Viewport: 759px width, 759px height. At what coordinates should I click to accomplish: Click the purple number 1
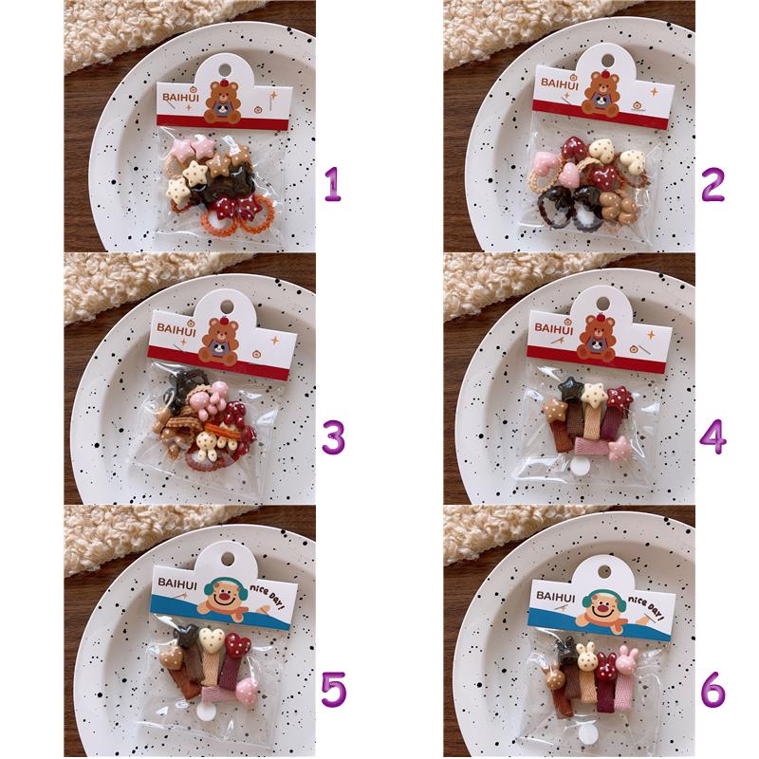coord(334,184)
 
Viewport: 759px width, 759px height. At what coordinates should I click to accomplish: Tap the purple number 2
coord(713,184)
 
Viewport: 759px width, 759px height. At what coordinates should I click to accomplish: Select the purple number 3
coord(334,437)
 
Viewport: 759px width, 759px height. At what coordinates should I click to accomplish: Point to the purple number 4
coord(713,437)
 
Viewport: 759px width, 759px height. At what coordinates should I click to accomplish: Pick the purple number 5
coord(334,689)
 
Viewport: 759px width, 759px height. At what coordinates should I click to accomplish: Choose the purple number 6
coord(713,689)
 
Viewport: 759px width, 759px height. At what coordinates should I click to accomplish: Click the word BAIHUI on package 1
coord(180,98)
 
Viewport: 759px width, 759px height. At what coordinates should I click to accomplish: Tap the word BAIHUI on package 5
coord(177,583)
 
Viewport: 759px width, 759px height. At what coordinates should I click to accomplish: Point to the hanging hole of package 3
coord(227,305)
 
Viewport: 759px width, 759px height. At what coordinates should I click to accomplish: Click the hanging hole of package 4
coord(602,304)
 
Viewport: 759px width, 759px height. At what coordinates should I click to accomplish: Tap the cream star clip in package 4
coord(595,394)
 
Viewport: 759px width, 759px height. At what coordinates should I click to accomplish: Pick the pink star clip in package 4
coord(620,448)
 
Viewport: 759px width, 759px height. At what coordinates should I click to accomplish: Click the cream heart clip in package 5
coord(212,639)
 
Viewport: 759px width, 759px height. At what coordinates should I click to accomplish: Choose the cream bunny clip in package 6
coord(586,657)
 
